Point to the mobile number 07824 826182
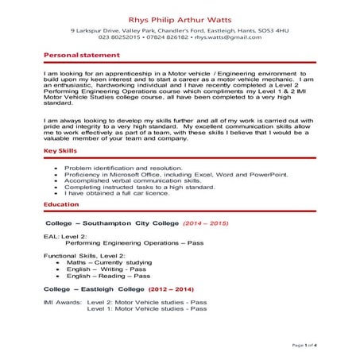coord(168,37)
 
